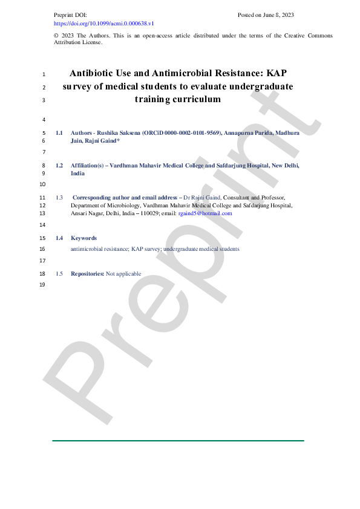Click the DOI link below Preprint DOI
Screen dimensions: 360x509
click(104, 23)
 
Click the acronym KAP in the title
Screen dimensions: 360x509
click(277, 74)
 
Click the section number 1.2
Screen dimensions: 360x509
click(59, 164)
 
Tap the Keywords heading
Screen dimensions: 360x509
click(83, 238)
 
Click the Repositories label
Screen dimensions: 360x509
click(87, 274)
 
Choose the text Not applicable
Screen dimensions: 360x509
click(123, 274)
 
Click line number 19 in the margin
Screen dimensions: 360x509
click(42, 285)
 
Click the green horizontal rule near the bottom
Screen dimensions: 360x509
click(178, 441)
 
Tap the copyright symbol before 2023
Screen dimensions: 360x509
click(56, 36)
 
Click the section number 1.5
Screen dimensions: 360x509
click(59, 274)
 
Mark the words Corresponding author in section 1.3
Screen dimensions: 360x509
click(100, 198)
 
